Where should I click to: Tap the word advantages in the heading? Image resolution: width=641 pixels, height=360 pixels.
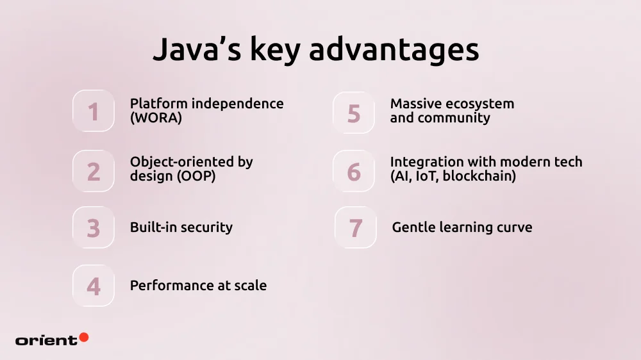pos(394,50)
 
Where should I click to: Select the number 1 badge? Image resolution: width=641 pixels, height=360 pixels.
pos(94,111)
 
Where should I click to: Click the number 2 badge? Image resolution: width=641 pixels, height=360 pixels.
pos(94,171)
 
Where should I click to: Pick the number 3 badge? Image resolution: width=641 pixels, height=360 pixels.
pos(94,228)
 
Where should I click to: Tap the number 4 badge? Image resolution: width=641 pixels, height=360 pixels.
pos(94,286)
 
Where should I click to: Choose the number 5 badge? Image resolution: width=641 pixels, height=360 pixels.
pos(354,113)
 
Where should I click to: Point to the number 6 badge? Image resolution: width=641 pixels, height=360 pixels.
pos(354,171)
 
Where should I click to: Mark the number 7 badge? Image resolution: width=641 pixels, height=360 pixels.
pos(355,228)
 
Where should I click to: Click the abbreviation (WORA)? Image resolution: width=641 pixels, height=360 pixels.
pos(156,118)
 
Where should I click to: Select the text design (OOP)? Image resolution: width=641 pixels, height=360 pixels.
pos(172,176)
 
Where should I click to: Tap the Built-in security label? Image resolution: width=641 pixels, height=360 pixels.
pos(181,227)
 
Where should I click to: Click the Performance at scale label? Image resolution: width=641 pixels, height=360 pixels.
pos(198,286)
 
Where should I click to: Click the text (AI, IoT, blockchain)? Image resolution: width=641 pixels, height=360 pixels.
pos(453,176)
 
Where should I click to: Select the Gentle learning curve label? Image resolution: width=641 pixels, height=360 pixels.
pos(462,227)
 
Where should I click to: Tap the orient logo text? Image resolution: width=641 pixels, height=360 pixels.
pos(46,340)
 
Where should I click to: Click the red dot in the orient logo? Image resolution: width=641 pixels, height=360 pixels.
pos(83,337)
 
